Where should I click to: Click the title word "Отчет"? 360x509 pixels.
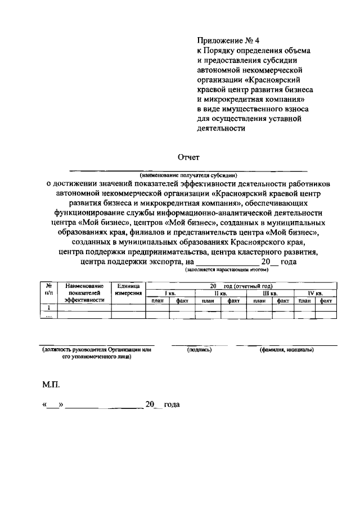(x=188, y=157)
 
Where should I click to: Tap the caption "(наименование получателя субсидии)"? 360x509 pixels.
(x=188, y=175)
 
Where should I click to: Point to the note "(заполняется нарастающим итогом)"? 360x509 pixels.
(x=222, y=270)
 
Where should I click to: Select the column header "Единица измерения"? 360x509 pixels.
(x=128, y=290)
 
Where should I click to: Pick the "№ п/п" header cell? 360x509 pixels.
(x=49, y=290)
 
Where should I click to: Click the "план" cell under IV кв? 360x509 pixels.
(x=305, y=301)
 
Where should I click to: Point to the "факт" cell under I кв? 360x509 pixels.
(x=182, y=301)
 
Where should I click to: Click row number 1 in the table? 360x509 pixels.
(x=49, y=308)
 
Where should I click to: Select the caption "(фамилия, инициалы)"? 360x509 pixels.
(x=286, y=350)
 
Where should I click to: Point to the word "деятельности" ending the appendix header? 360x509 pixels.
(x=221, y=128)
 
